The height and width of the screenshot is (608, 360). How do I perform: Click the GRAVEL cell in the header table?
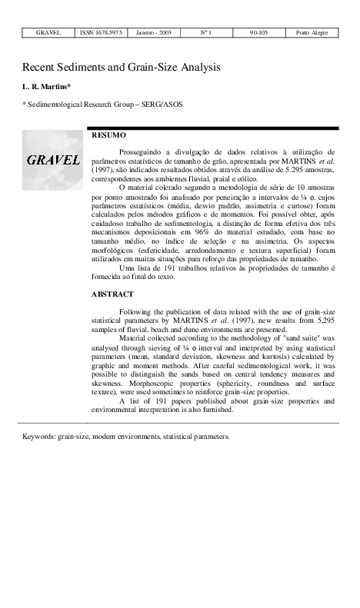click(x=48, y=33)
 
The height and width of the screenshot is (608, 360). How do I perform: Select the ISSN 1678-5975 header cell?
click(x=100, y=33)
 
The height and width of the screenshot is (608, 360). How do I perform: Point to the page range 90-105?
click(x=258, y=33)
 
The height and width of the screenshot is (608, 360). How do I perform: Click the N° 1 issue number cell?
click(x=205, y=33)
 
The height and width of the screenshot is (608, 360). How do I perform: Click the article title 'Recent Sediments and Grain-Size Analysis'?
click(x=121, y=68)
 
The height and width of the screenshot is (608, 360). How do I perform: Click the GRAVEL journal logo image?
click(x=53, y=160)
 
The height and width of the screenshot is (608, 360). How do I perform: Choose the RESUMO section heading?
click(x=108, y=135)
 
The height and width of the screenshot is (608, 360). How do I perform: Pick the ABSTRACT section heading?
click(x=112, y=294)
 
